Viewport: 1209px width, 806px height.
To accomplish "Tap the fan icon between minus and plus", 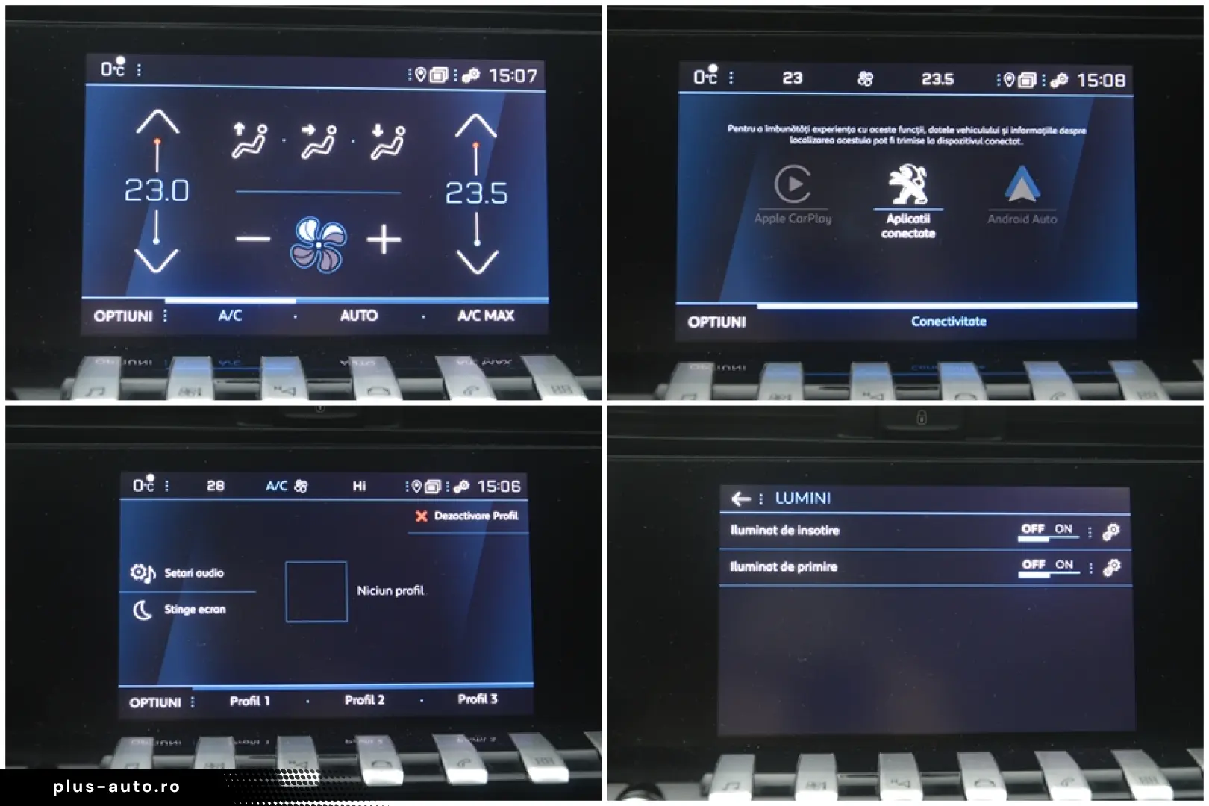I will pyautogui.click(x=318, y=243).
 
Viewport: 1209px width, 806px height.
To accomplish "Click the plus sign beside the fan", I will pyautogui.click(x=384, y=240).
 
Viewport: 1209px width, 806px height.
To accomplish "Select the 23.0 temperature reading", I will pyautogui.click(x=157, y=191).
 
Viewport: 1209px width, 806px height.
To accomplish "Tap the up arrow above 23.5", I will pyautogui.click(x=476, y=126).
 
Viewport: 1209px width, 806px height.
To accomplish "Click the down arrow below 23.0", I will pyautogui.click(x=156, y=260).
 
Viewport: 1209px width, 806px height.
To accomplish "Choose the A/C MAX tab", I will pyautogui.click(x=486, y=316).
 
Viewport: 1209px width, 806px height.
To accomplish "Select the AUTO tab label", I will pyautogui.click(x=359, y=316).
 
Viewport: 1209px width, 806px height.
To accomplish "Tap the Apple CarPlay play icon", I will pyautogui.click(x=793, y=184).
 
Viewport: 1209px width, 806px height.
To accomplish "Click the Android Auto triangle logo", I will pyautogui.click(x=1022, y=185).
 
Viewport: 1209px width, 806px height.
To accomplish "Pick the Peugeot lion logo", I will pyautogui.click(x=907, y=184).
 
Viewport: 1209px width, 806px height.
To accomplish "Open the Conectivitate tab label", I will pyautogui.click(x=949, y=322).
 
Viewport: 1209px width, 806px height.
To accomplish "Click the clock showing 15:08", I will pyautogui.click(x=1101, y=81).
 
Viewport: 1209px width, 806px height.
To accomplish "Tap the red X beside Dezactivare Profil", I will pyautogui.click(x=422, y=516).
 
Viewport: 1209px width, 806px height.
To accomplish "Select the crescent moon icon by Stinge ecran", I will pyautogui.click(x=142, y=610).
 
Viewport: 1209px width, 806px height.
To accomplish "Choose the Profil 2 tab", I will pyautogui.click(x=364, y=700).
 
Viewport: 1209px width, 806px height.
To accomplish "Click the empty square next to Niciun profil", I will pyautogui.click(x=316, y=591).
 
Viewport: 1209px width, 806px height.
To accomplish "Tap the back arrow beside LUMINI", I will pyautogui.click(x=740, y=499).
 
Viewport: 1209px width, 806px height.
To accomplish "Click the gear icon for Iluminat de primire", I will pyautogui.click(x=1112, y=568).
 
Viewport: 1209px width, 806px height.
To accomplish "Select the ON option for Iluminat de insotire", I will pyautogui.click(x=1063, y=529).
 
